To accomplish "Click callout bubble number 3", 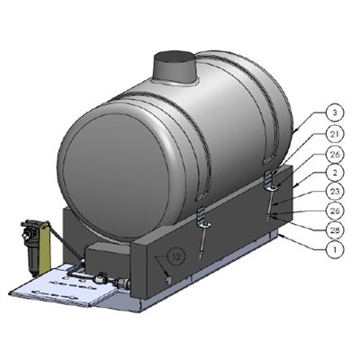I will click(x=334, y=112).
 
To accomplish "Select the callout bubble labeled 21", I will click(x=334, y=134).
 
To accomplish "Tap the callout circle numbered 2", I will click(x=334, y=171).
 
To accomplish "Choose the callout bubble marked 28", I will click(x=334, y=229).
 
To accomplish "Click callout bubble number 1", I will click(x=334, y=247).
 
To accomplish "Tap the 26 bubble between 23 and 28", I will click(x=334, y=210).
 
